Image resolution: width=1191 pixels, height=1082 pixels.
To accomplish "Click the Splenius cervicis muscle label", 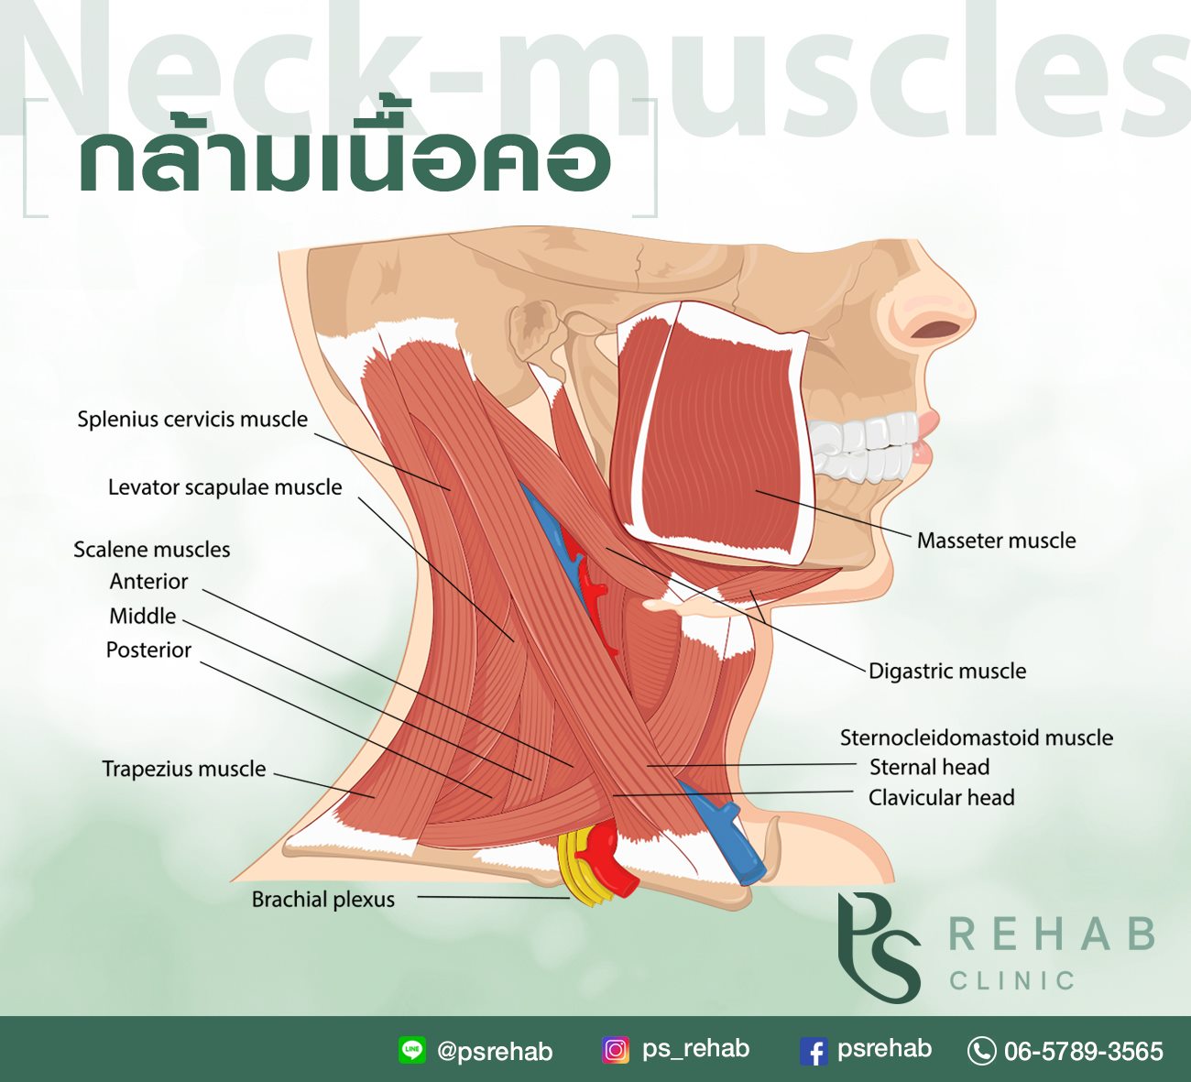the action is click(192, 420).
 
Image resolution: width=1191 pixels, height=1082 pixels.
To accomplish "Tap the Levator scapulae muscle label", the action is click(225, 487).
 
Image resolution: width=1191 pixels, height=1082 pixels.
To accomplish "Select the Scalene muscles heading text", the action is click(152, 550).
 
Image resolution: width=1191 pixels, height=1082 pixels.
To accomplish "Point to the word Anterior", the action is click(149, 582).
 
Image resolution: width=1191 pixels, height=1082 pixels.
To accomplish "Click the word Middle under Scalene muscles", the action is click(143, 616).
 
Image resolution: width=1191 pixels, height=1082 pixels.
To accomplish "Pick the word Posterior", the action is click(148, 650).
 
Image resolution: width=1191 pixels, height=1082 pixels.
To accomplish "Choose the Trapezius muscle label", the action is click(184, 769).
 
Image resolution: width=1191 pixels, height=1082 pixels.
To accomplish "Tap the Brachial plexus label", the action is click(323, 900).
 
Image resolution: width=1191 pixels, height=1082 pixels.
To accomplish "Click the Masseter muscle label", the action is click(996, 541).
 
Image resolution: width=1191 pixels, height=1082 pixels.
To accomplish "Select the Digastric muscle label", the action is click(947, 671).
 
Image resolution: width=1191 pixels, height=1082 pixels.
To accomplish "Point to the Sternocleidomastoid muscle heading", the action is click(976, 738).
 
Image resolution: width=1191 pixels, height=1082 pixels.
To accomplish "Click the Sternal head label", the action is click(929, 767).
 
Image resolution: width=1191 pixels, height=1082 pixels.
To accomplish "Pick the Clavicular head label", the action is click(941, 798).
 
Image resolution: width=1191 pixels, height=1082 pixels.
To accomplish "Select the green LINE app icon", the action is click(412, 1050).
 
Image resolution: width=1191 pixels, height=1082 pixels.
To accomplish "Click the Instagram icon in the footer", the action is click(616, 1050).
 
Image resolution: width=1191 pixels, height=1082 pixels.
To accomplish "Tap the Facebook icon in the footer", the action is click(814, 1051).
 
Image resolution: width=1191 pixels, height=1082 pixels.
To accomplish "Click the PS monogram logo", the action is click(879, 948).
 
